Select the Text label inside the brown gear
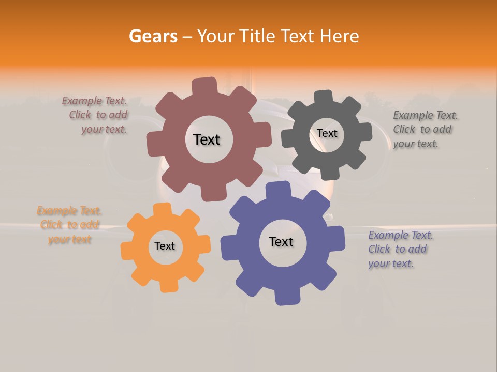pos(207,139)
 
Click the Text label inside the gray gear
pos(327,133)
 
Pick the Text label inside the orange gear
pos(165,246)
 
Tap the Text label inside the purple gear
pos(281,241)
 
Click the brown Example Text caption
pos(96,115)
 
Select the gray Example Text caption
pos(424,129)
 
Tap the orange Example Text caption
pos(69,225)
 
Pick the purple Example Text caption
pos(399,249)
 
